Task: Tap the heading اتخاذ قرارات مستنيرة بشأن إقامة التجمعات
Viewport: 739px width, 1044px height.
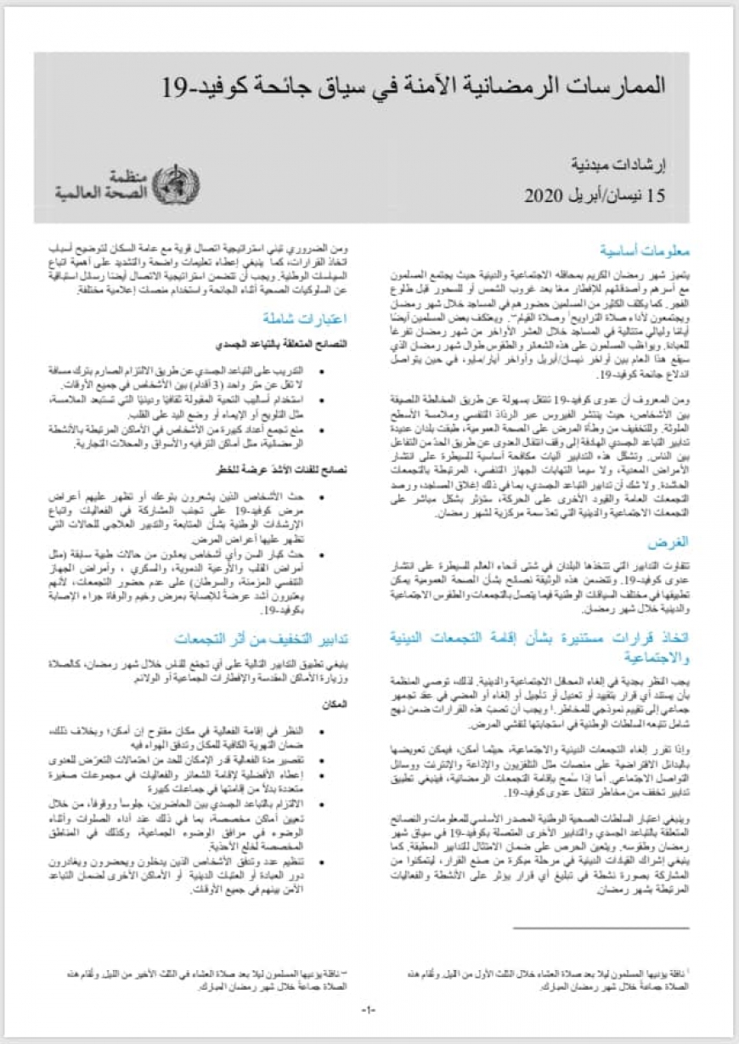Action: click(x=540, y=643)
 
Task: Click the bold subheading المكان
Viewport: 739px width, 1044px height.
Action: click(x=336, y=704)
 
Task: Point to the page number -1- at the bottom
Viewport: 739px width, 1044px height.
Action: click(x=368, y=1009)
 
